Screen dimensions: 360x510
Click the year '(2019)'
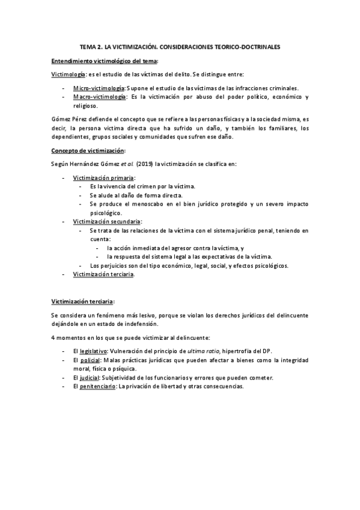pos(145,164)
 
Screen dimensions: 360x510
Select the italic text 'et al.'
pos(124,164)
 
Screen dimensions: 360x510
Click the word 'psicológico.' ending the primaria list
pos(106,213)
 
